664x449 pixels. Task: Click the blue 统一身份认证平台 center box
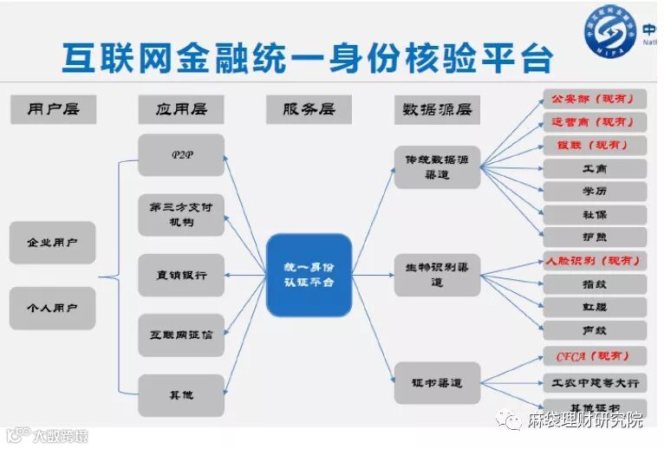[x=309, y=275]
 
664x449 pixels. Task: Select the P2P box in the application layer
[x=180, y=155]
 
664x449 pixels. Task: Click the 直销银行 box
[x=180, y=276]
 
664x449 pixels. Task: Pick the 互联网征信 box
[x=180, y=335]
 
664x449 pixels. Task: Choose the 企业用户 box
[x=52, y=243]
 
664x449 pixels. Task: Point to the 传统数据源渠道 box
[x=437, y=167]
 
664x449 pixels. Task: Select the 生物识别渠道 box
[x=437, y=275]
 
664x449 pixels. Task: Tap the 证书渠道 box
[x=437, y=382]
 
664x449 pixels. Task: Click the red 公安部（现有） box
[x=595, y=99]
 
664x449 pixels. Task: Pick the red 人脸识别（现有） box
[x=595, y=260]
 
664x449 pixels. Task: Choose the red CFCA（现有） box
[x=595, y=356]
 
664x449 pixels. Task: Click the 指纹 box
[x=595, y=283]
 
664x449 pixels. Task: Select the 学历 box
[x=595, y=191]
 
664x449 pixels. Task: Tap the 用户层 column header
[x=53, y=109]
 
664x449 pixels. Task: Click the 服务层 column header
[x=309, y=109]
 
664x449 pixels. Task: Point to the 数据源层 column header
[x=437, y=109]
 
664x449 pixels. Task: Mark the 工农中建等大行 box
[x=595, y=381]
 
